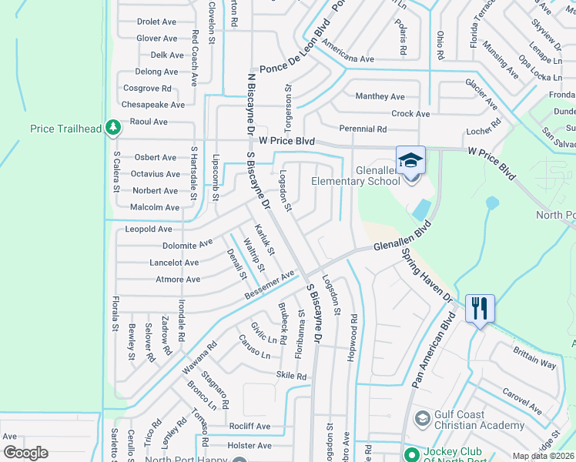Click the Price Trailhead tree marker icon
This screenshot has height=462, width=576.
(112, 127)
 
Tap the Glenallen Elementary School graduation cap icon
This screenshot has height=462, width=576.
(410, 161)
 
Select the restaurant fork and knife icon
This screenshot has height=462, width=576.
(478, 308)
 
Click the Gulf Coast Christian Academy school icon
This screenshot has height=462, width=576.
(421, 419)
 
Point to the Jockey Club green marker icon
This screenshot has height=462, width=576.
(410, 454)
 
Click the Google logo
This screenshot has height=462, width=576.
(25, 453)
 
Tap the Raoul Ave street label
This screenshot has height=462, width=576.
(149, 122)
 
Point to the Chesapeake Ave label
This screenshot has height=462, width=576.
(154, 105)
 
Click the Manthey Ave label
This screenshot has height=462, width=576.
(380, 97)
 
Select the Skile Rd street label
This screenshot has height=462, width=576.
(291, 376)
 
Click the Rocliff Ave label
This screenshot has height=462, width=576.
(249, 426)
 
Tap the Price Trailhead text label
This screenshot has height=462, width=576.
(66, 129)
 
